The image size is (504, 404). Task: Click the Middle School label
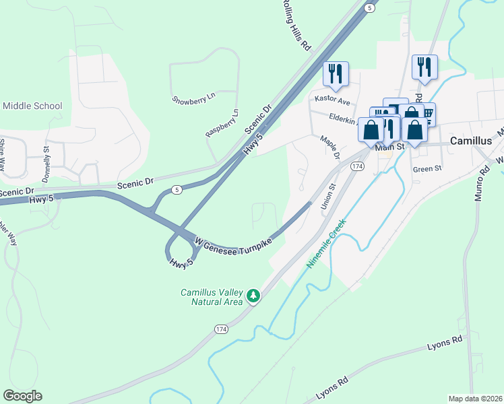tap(32, 106)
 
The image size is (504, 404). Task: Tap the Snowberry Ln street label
tap(193, 98)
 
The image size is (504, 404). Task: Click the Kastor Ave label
tap(333, 100)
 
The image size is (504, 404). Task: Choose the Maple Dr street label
tap(329, 147)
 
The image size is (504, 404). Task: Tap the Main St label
tap(389, 147)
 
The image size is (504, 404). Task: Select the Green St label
tap(427, 169)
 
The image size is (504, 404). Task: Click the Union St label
tap(328, 195)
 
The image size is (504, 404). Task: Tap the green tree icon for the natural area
tap(253, 296)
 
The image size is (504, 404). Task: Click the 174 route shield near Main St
tap(357, 166)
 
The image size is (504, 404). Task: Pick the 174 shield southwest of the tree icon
tap(221, 329)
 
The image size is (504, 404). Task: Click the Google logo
tap(22, 396)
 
